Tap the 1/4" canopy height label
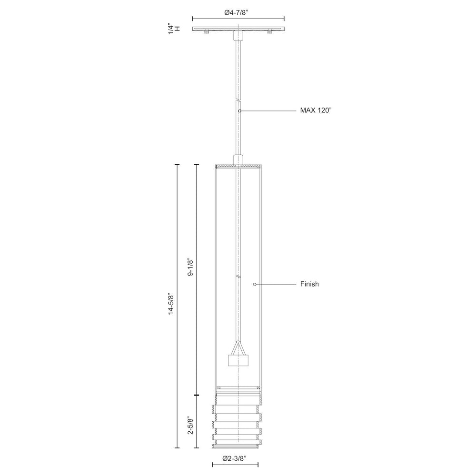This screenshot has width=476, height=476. [x=177, y=29]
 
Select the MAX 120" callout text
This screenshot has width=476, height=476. [x=315, y=110]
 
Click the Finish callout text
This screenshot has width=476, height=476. [x=309, y=284]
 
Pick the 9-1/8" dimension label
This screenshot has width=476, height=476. [x=190, y=268]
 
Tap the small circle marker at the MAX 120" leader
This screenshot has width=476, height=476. [x=240, y=110]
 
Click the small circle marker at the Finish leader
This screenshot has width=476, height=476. [x=255, y=284]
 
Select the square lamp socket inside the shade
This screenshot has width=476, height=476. [x=238, y=360]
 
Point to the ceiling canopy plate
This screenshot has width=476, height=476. [x=238, y=29]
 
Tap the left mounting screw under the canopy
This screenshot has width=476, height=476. [x=207, y=32]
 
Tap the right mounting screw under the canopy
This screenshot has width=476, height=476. [x=269, y=32]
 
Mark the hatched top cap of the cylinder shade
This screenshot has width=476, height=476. [x=238, y=167]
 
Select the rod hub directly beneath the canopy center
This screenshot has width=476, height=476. [x=238, y=36]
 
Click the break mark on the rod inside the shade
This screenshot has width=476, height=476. [x=238, y=277]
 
